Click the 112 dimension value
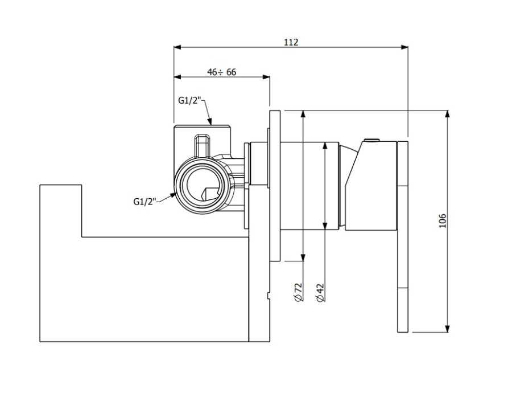click(291, 42)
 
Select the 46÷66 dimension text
click(222, 72)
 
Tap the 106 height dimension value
click(443, 220)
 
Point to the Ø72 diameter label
click(299, 291)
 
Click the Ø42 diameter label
click(320, 291)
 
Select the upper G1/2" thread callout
click(189, 100)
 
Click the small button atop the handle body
click(372, 140)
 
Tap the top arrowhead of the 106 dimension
click(448, 113)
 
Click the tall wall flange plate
click(275, 185)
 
